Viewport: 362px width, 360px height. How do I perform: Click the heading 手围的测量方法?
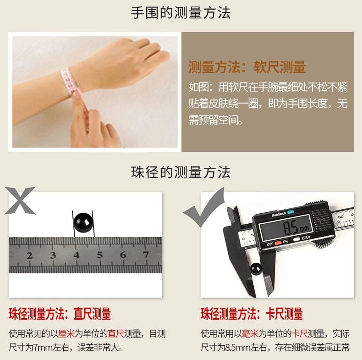[181, 12]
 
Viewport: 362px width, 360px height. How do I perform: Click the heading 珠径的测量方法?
[181, 172]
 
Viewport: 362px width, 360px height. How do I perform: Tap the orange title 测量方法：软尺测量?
[247, 67]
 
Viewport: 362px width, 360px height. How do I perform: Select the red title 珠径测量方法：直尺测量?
[60, 314]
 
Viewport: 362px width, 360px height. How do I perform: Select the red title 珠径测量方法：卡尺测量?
[252, 314]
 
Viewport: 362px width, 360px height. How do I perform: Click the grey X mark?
[20, 200]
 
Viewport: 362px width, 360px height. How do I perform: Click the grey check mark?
[204, 208]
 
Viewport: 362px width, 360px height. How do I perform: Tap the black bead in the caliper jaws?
[256, 269]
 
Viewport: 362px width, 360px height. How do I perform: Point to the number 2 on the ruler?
[29, 255]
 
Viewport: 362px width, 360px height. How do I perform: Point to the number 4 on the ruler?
[77, 255]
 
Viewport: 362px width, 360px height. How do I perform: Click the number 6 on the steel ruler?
[123, 255]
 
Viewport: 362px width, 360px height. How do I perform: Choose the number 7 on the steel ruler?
[146, 255]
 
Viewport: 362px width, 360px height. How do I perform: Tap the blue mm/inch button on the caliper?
[291, 212]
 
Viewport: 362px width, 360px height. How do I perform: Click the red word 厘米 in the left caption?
[66, 334]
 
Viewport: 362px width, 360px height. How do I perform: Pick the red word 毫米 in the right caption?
[250, 334]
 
